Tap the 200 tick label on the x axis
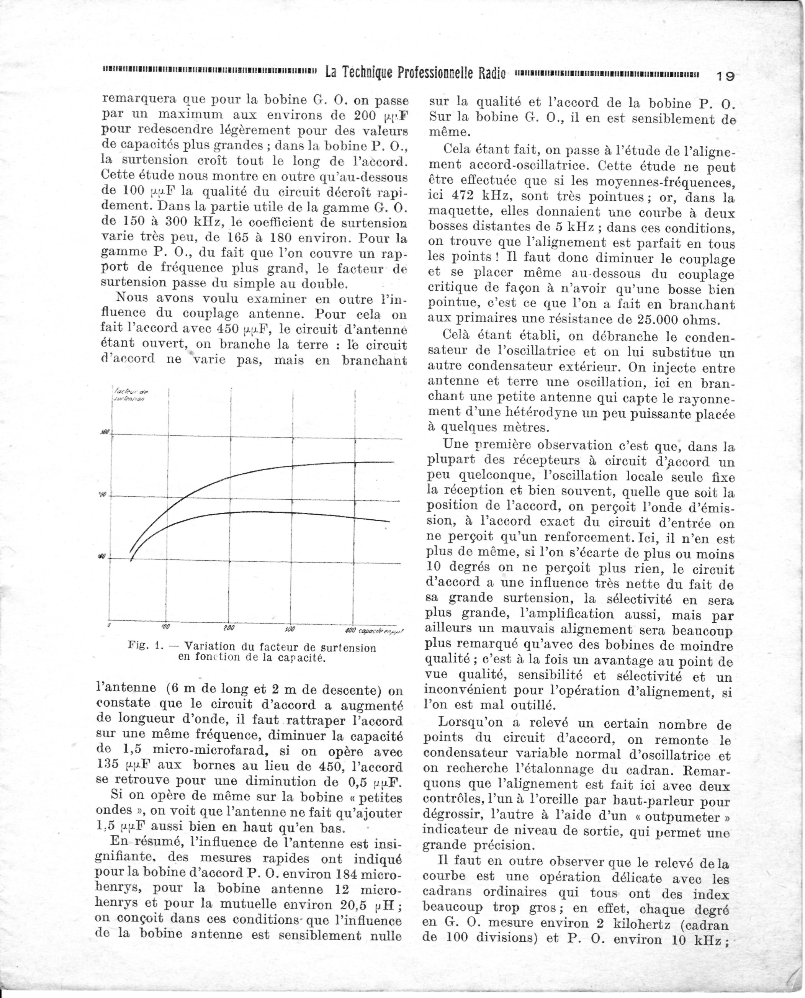click(229, 628)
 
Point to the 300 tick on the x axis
click(291, 629)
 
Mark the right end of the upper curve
click(394, 462)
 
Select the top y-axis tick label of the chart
click(104, 432)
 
